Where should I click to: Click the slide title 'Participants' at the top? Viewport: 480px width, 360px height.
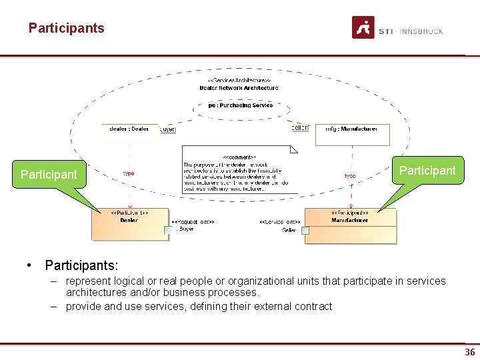click(66, 28)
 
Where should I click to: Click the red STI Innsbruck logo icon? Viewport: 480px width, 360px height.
click(363, 27)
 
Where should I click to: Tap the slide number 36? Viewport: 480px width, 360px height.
click(470, 352)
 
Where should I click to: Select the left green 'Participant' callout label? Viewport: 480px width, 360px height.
click(49, 175)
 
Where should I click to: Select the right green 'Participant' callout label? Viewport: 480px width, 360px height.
click(427, 171)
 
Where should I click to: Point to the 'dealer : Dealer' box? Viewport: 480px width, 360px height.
click(129, 129)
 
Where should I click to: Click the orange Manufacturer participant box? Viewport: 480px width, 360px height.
click(350, 226)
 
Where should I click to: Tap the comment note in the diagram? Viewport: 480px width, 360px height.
click(238, 170)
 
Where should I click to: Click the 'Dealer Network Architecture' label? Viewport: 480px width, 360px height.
click(239, 87)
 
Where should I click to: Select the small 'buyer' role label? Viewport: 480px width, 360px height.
click(167, 129)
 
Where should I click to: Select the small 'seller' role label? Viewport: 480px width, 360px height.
click(301, 127)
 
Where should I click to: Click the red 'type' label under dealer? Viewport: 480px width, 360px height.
click(128, 173)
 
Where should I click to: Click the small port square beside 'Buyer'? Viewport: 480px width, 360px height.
click(169, 230)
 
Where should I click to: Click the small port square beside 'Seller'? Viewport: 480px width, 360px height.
click(305, 231)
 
